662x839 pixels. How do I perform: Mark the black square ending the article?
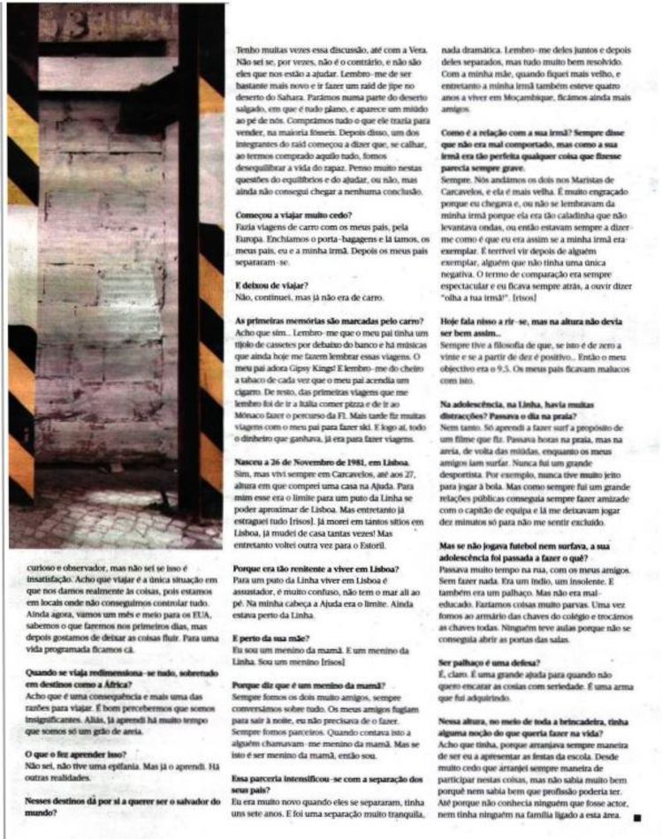coord(636,818)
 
